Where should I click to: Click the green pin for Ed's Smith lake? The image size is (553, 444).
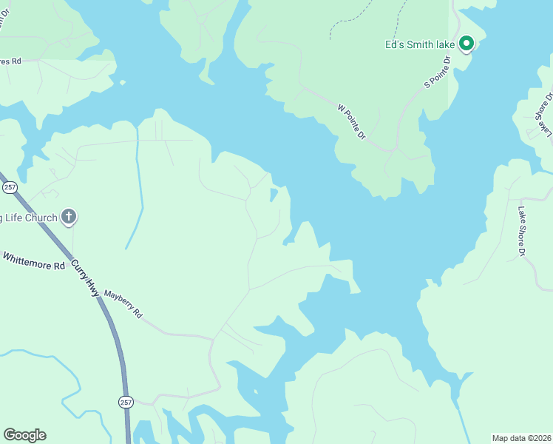tap(467, 44)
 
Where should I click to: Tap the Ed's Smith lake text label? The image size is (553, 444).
tap(419, 44)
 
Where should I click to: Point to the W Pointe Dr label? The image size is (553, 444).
tap(352, 121)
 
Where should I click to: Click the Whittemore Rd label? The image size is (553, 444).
tap(34, 261)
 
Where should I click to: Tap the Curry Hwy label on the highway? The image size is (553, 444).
tap(86, 278)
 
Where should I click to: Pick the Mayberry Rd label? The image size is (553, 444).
tap(123, 303)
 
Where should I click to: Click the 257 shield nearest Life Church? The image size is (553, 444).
tap(10, 187)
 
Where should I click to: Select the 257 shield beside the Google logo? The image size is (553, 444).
tap(126, 401)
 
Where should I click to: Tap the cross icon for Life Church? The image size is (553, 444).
tap(69, 218)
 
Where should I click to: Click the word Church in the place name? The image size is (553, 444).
tap(39, 218)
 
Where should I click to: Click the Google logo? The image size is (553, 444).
tap(24, 435)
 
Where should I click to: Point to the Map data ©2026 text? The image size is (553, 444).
tap(521, 437)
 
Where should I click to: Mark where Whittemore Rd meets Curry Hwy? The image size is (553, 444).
tap(72, 260)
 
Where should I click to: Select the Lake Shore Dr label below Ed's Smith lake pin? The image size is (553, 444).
tap(521, 231)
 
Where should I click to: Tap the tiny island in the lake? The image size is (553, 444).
tap(273, 195)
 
